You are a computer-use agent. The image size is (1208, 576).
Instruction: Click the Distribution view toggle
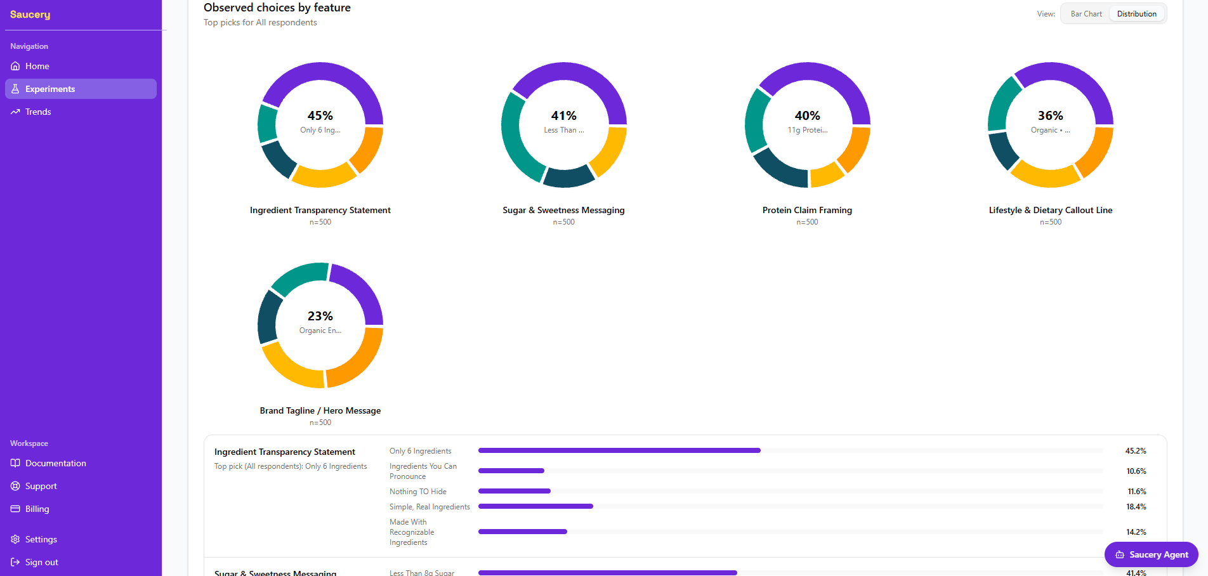click(1136, 14)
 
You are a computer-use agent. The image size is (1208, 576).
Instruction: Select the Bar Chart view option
click(1086, 14)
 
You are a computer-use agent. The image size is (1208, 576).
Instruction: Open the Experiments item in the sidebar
click(81, 89)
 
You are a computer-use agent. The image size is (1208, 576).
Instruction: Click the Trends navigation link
click(38, 112)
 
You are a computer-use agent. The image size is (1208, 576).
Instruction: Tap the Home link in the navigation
click(37, 66)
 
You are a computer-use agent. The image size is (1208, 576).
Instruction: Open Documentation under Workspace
click(55, 463)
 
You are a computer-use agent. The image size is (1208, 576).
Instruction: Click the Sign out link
click(41, 562)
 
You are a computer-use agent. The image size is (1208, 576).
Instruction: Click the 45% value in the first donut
click(320, 115)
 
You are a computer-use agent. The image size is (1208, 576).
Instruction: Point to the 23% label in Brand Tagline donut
click(320, 316)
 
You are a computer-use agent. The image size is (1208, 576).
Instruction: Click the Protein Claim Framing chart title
click(807, 210)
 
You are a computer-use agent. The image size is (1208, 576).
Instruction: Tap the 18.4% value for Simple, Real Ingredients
click(1136, 507)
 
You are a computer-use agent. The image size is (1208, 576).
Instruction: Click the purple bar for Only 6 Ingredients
click(619, 450)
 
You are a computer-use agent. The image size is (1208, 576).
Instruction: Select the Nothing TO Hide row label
click(417, 492)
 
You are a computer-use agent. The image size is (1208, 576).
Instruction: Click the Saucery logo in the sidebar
click(30, 15)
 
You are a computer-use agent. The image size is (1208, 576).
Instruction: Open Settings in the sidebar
click(41, 539)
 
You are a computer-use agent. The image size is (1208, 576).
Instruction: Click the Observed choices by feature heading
click(277, 8)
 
